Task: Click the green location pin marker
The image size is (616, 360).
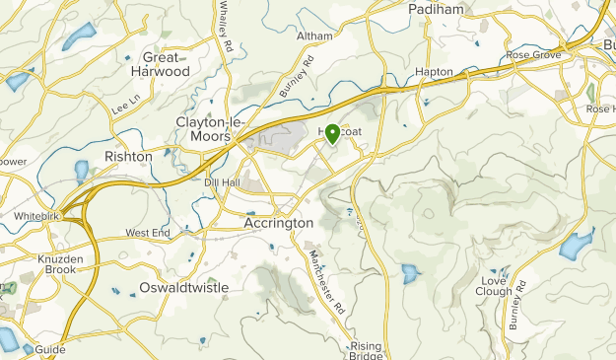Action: point(333,134)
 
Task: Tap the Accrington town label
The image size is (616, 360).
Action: point(278,224)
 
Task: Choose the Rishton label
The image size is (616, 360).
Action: point(128,157)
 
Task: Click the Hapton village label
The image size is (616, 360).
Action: point(434,72)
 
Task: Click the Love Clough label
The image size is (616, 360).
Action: point(493,285)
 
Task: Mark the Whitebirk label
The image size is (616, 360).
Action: point(38,215)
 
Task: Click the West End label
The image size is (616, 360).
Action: point(148,233)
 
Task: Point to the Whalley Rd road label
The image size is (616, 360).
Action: point(228,28)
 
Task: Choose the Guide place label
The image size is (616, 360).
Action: point(49,350)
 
